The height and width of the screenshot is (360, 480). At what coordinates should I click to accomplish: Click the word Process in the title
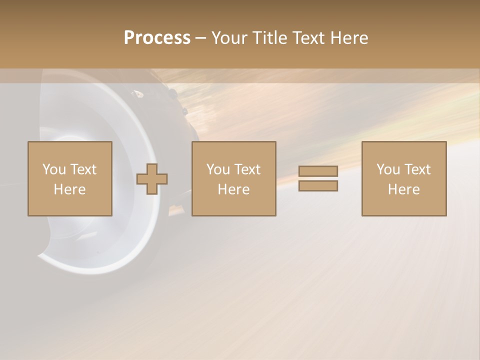point(157,38)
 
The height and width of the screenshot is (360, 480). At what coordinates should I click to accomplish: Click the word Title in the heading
point(270,38)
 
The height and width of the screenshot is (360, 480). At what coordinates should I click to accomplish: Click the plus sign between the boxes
point(152,178)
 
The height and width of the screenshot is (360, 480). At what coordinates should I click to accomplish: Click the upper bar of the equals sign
point(318,171)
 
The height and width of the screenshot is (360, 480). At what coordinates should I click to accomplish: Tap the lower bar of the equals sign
point(318,185)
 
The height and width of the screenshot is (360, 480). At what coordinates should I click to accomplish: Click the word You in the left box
point(53,169)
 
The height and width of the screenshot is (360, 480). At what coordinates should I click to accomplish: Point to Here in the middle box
point(234,189)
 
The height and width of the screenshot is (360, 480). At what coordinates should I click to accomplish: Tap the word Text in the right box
point(417,169)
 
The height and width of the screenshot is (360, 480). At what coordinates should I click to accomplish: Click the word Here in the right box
point(404,189)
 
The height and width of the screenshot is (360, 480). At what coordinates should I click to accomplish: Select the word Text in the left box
point(83,169)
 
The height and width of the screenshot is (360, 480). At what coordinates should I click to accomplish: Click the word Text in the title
point(308,38)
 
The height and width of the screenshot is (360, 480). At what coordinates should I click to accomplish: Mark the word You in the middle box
point(218,169)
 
